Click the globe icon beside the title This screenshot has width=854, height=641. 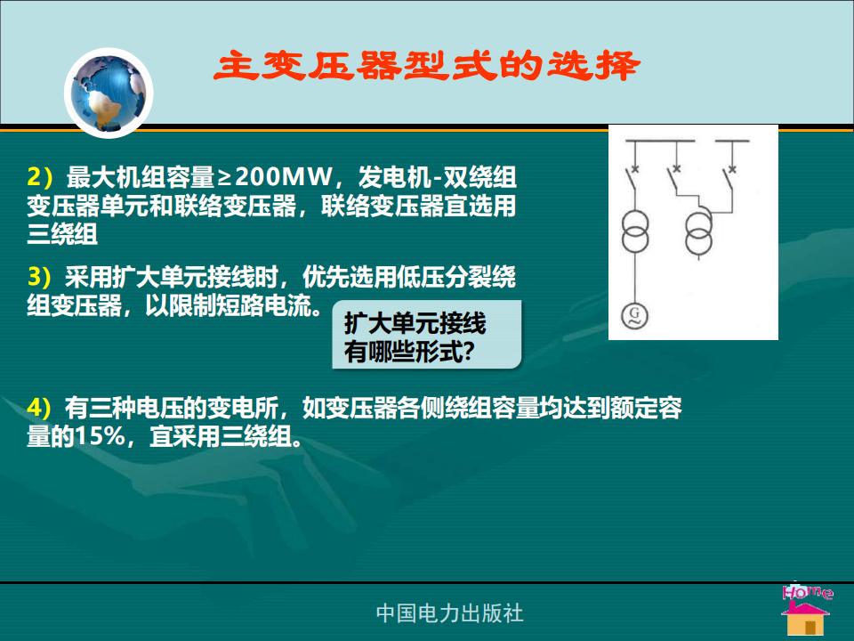(x=109, y=93)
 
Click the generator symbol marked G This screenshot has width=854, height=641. (x=634, y=315)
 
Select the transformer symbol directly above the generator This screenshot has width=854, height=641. (x=635, y=231)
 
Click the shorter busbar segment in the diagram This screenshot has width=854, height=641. (x=732, y=142)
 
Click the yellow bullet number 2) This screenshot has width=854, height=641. (x=40, y=176)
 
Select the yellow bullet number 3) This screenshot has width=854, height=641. (x=40, y=277)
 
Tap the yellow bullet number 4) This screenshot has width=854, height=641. (x=40, y=408)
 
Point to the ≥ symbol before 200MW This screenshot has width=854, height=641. (x=224, y=177)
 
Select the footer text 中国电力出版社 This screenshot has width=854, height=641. (x=450, y=613)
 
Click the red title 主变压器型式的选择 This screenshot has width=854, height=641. (x=426, y=65)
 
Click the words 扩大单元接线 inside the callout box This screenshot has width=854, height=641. (x=415, y=323)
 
